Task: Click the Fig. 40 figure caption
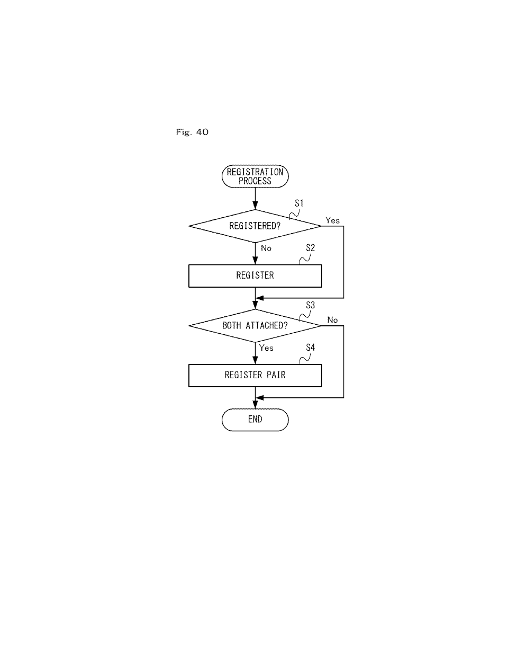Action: (192, 132)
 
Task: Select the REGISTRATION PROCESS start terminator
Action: (255, 176)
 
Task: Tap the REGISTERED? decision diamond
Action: (255, 226)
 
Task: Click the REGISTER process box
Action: (255, 276)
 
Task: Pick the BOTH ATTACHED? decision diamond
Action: (255, 325)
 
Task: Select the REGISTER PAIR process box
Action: (255, 376)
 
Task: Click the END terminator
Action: (255, 420)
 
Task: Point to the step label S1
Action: (299, 203)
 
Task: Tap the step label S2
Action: (310, 248)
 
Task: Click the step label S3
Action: (310, 305)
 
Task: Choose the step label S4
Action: (310, 348)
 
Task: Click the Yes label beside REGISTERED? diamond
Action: (333, 220)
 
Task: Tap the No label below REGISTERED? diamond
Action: (266, 248)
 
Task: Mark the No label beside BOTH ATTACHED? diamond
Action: (332, 320)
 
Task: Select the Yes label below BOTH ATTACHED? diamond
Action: (266, 348)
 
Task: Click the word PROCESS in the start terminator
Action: (255, 181)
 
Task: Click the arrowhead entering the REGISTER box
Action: (255, 261)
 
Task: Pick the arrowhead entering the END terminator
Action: (255, 405)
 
